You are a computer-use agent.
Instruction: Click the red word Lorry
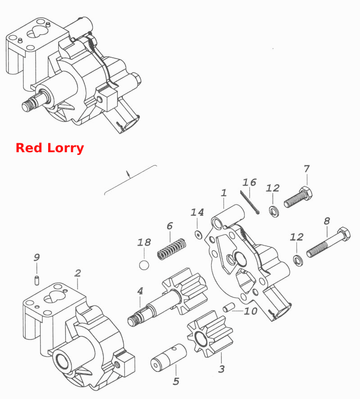[x=66, y=148]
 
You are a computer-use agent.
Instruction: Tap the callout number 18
[x=144, y=242]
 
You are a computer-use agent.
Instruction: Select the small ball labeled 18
[x=144, y=265]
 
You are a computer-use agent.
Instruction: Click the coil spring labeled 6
[x=171, y=249]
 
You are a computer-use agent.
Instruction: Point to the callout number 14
[x=197, y=212]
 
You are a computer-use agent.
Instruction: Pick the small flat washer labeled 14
[x=198, y=234]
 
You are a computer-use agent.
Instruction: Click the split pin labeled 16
[x=250, y=203]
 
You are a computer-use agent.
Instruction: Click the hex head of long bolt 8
[x=343, y=234]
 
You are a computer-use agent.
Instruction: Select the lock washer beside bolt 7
[x=274, y=211]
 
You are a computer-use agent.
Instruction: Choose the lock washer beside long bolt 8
[x=298, y=260]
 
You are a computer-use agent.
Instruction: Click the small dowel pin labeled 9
[x=36, y=280]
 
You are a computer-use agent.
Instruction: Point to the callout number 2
[x=77, y=273]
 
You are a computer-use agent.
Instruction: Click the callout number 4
[x=140, y=291]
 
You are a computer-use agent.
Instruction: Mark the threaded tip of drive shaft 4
[x=133, y=320]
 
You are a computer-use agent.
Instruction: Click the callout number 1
[x=224, y=193]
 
